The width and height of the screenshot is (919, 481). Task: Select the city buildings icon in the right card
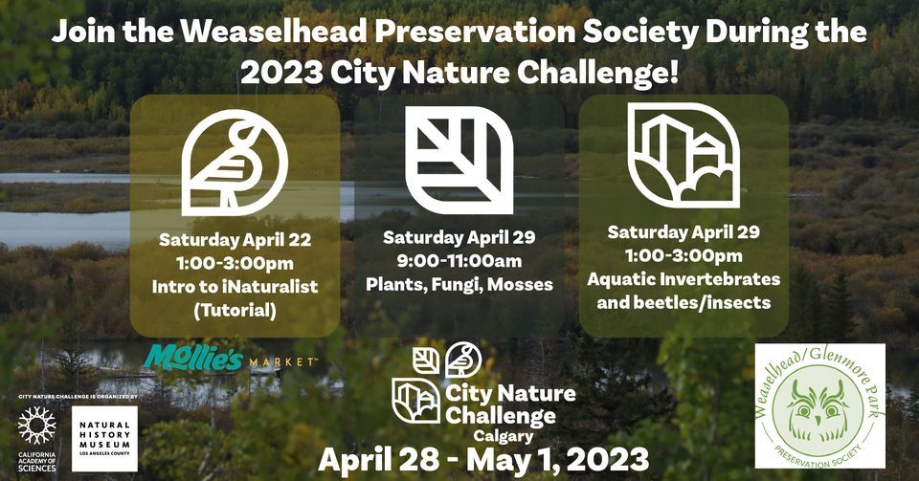coord(684,155)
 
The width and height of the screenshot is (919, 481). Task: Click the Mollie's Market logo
coord(231,361)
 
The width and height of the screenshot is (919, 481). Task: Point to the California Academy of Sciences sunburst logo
coord(37,426)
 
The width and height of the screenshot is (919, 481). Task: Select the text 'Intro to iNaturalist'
coord(235,284)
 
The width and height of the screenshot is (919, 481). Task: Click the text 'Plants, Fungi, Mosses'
coord(459,285)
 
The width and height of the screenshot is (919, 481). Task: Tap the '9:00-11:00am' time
coord(459,260)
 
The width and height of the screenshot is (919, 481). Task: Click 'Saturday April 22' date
coord(235,238)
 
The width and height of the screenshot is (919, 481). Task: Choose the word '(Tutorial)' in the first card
coord(235,308)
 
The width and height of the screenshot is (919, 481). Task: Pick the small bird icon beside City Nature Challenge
coord(463,360)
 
